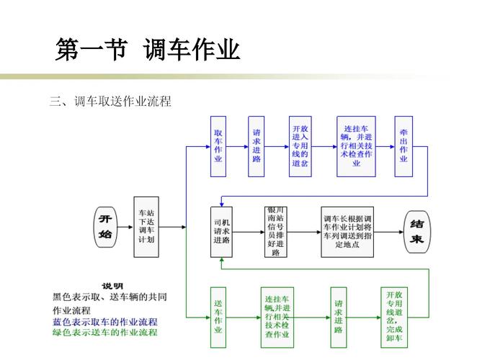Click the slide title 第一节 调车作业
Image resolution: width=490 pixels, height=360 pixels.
148,50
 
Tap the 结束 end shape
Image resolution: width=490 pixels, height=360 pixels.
416,232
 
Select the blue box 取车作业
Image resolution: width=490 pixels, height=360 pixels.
218,146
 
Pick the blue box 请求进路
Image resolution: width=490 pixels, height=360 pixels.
257,146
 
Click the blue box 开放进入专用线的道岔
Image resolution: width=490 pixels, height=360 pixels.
300,146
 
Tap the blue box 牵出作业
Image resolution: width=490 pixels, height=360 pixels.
404,146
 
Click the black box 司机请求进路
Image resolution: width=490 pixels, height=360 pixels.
222,232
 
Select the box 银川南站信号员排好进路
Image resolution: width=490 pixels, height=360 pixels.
275,232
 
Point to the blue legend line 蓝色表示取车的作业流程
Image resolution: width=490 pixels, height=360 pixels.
105,322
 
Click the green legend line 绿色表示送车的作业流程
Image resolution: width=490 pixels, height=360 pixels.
105,333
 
